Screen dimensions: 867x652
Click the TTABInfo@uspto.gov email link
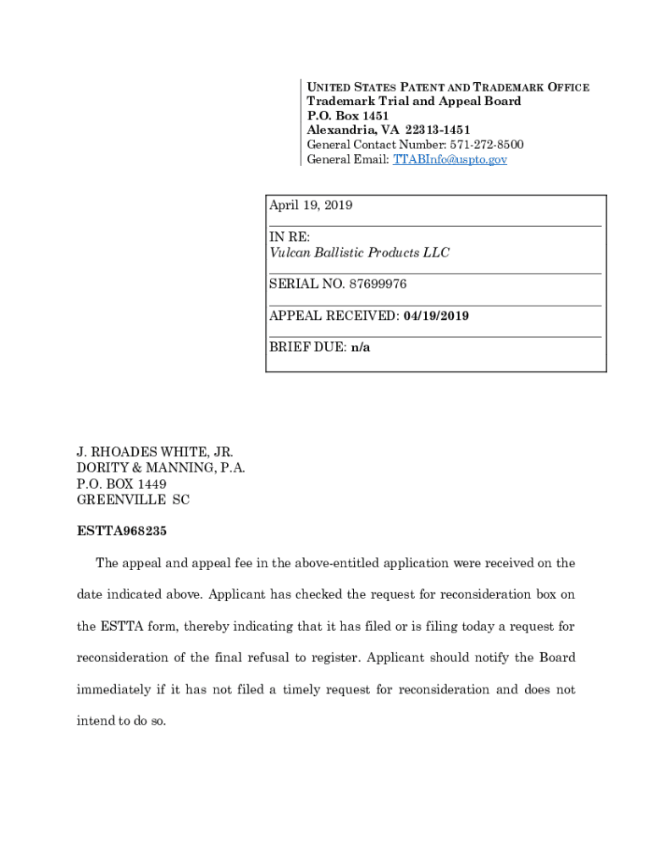(450, 159)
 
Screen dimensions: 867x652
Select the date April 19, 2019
(311, 206)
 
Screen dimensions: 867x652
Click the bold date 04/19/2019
(436, 316)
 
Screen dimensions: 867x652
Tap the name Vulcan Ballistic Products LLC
(359, 252)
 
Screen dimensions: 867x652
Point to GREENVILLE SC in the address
(133, 500)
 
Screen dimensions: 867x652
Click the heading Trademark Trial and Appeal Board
(414, 102)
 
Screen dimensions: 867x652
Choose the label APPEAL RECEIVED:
(334, 316)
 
